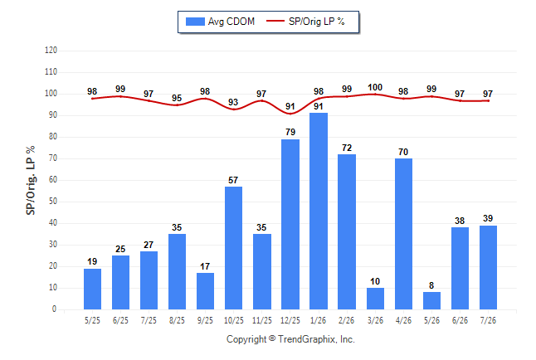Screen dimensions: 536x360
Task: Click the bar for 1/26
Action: (x=319, y=211)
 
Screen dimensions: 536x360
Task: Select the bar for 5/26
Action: (x=431, y=300)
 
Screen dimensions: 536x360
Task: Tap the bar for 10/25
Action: (x=233, y=248)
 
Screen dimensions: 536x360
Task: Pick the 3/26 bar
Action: (x=375, y=299)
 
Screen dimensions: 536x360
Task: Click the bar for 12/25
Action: (x=290, y=224)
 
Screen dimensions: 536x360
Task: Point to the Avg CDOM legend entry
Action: (x=220, y=22)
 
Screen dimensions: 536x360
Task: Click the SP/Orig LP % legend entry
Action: (x=305, y=22)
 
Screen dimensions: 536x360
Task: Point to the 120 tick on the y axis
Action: (x=51, y=51)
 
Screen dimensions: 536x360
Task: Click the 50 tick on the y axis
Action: (x=52, y=202)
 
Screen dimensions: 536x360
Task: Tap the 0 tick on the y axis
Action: (x=55, y=309)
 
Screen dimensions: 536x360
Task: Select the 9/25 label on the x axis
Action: (x=205, y=320)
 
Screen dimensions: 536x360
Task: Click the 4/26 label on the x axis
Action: (x=403, y=320)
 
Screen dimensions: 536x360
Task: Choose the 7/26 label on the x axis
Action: (x=488, y=320)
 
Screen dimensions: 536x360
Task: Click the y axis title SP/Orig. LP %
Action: (x=31, y=180)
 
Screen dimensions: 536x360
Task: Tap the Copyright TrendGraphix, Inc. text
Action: (x=290, y=339)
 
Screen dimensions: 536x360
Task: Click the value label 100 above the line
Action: (x=375, y=88)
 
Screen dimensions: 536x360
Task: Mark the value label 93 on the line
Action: (x=233, y=102)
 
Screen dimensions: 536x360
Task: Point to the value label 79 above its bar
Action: (x=290, y=132)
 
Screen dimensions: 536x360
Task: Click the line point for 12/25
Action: (x=290, y=114)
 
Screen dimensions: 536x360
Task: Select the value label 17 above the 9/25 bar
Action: (x=205, y=266)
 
